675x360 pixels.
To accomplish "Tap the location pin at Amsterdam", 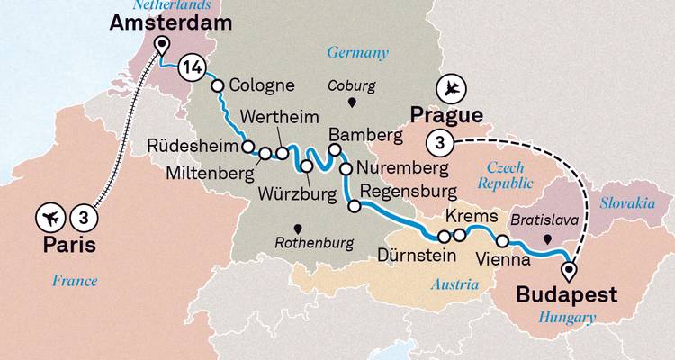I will coord(162,47).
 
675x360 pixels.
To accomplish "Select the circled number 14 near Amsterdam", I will coord(191,67).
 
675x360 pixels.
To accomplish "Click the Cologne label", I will coord(262,86).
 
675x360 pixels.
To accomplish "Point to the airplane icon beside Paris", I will coord(52,217).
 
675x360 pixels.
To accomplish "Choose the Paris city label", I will coord(67,245).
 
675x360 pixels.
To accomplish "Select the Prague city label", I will coord(446,115).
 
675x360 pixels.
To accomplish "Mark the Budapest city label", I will coord(568,294).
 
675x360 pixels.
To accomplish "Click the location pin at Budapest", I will coord(568,268).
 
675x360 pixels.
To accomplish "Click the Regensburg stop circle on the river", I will coord(355,207).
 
